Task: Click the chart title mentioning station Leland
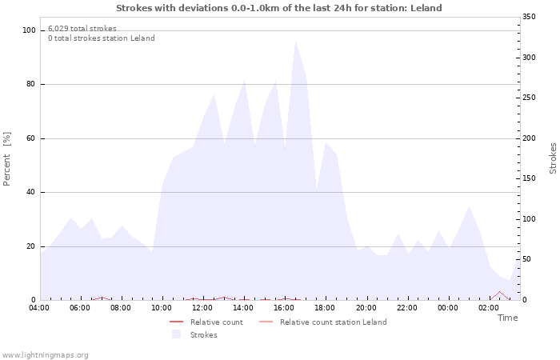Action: click(278, 8)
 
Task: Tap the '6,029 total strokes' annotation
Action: click(82, 29)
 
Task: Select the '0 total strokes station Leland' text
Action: click(101, 38)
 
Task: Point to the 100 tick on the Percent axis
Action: click(30, 30)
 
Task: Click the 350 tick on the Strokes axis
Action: click(530, 17)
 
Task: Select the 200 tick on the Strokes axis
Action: click(530, 138)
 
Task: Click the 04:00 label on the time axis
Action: click(39, 308)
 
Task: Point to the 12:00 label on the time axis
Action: click(202, 308)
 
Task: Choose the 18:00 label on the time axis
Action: click(325, 308)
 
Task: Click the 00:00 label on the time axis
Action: click(448, 308)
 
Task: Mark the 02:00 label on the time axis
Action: click(489, 308)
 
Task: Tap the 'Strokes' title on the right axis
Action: click(553, 158)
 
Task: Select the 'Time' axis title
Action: click(507, 318)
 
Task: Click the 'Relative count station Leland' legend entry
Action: click(333, 322)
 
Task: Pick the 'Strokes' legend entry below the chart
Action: click(203, 335)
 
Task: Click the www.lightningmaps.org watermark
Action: click(46, 354)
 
